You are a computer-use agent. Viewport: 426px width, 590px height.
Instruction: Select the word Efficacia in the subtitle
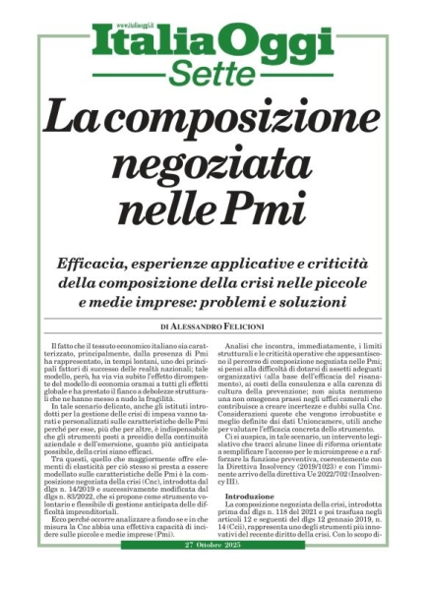click(x=91, y=262)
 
